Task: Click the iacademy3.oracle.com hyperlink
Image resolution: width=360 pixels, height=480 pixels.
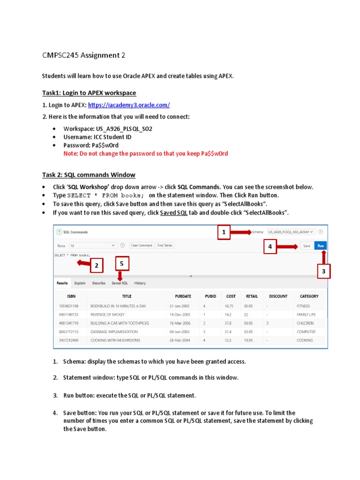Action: (129, 105)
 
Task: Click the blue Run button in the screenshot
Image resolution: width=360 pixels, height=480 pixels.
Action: (321, 245)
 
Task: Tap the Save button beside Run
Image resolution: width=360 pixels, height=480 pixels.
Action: (307, 245)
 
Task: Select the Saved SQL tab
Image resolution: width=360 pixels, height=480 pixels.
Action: (120, 283)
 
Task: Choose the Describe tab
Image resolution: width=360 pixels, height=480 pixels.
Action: (98, 283)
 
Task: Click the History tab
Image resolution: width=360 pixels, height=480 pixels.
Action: (140, 283)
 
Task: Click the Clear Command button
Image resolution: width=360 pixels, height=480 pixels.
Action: (141, 245)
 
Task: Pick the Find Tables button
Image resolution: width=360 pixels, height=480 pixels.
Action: (165, 245)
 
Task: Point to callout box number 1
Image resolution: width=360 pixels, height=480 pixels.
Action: (224, 232)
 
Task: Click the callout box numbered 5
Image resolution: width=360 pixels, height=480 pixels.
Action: (121, 264)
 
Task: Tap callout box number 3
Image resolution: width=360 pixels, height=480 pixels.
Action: (324, 271)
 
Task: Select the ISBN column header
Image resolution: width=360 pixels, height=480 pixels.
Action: (71, 296)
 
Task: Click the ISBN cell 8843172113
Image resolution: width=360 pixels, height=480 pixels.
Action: (68, 332)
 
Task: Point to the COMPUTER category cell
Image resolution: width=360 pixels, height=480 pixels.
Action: (306, 332)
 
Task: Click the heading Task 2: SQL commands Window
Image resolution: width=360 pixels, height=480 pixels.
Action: (89, 175)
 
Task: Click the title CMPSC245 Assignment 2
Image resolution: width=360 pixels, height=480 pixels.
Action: (84, 55)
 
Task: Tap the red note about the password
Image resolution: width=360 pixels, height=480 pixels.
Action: (146, 154)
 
